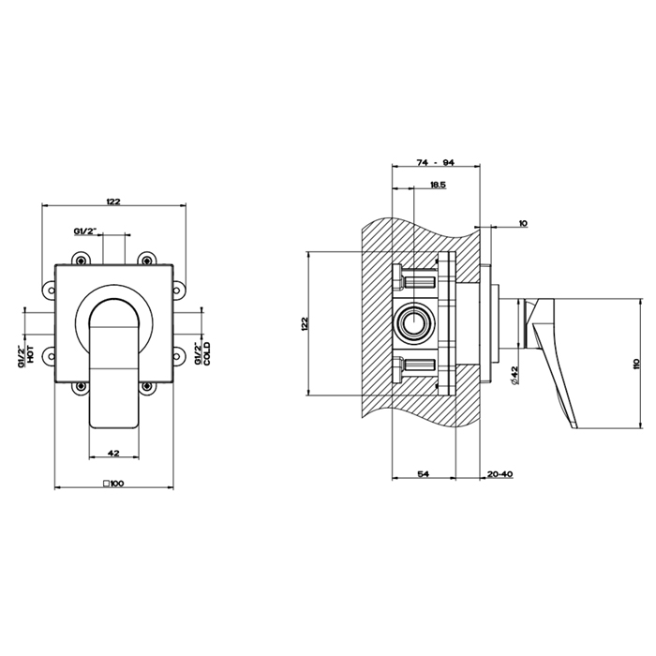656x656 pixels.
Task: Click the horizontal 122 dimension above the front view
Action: pyautogui.click(x=114, y=201)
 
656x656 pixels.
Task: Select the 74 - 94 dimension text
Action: pyautogui.click(x=435, y=163)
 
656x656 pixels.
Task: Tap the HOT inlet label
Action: pyautogui.click(x=32, y=353)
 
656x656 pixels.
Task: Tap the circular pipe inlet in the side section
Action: pyautogui.click(x=411, y=323)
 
